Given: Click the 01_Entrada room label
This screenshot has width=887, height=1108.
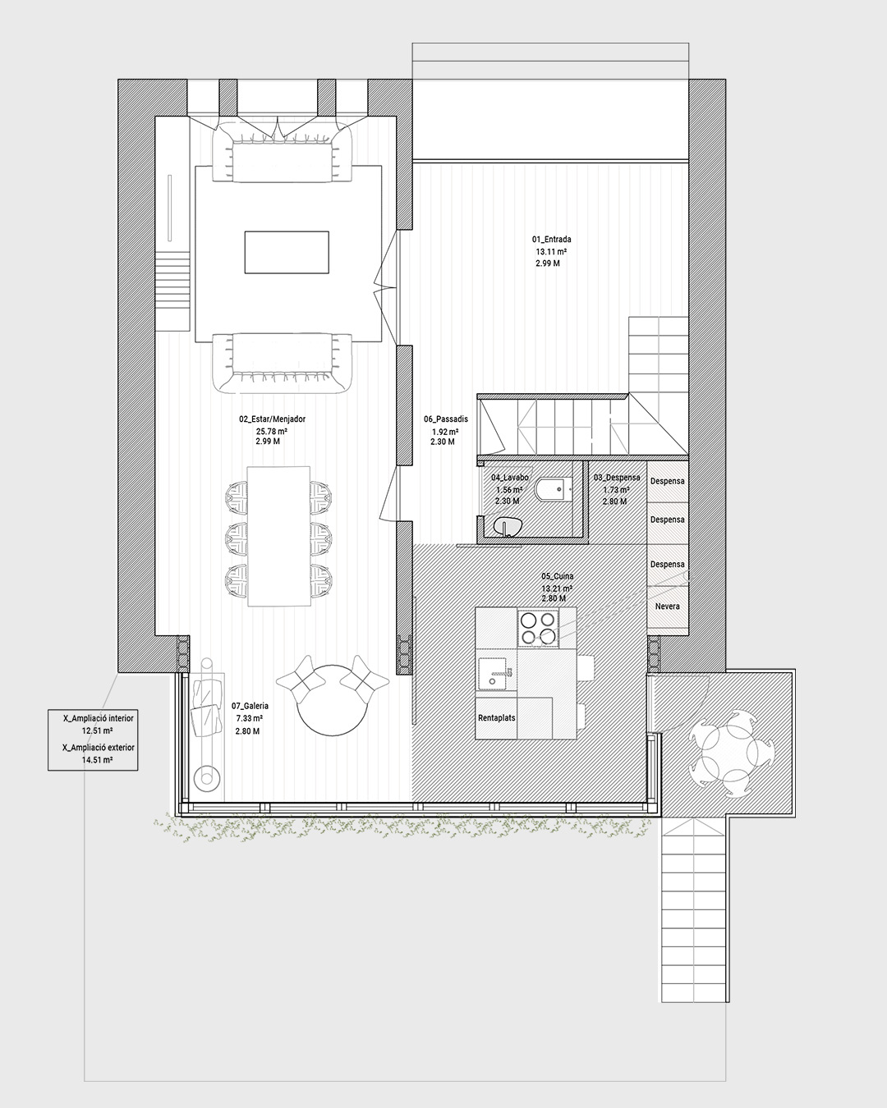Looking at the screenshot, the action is [x=551, y=240].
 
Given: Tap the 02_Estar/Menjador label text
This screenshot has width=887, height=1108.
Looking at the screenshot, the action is [x=272, y=419].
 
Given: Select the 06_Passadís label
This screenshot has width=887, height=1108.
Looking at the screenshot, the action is [x=446, y=419].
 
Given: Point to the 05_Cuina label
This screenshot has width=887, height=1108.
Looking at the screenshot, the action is [x=557, y=576].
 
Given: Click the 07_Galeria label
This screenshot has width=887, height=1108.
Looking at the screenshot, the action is [x=250, y=706].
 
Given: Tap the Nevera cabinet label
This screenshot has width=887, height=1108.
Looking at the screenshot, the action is [x=668, y=607].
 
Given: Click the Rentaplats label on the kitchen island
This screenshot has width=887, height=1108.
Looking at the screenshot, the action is [x=497, y=717].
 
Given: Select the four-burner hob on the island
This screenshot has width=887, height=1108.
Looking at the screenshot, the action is [x=538, y=627].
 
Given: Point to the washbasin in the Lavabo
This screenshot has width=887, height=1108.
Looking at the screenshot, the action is [x=508, y=527].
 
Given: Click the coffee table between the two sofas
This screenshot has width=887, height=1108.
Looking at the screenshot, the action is [x=287, y=252].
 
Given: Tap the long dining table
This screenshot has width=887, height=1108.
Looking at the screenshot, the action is [x=279, y=537].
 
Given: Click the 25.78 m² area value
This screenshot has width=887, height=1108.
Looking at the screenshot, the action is [x=272, y=432].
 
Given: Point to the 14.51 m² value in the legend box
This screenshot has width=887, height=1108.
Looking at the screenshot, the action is [x=98, y=759].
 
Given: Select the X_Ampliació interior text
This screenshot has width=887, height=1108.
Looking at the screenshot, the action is [x=99, y=717].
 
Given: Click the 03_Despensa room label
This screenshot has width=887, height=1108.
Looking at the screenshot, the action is [x=617, y=478].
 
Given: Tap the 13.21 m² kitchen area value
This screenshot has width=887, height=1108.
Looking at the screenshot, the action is [x=557, y=588].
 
